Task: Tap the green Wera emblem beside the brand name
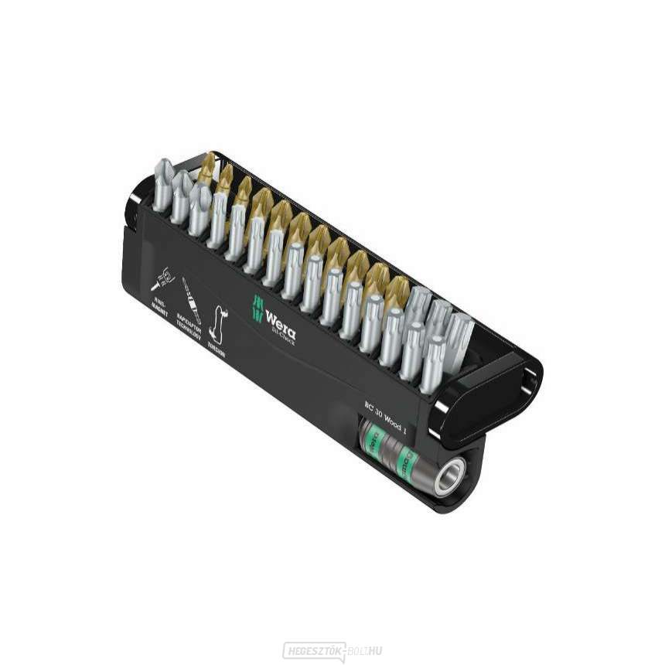click(x=257, y=309)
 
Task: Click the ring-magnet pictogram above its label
click(x=163, y=279)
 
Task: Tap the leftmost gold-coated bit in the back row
click(x=206, y=167)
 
